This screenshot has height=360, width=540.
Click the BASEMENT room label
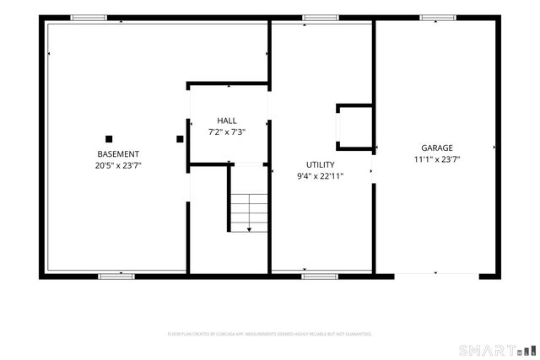118,153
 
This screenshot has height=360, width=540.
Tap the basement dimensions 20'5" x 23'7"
118,165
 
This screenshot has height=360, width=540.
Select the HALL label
227,121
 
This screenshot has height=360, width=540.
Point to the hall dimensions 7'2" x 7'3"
227,132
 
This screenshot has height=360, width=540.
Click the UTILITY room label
320,164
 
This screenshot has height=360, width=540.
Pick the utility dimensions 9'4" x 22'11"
320,176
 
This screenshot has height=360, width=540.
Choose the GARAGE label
437,148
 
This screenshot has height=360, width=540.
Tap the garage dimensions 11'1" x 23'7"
437,159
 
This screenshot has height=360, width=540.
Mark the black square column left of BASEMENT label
109,139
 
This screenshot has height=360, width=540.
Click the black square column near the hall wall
180,139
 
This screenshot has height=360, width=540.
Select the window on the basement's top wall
88,18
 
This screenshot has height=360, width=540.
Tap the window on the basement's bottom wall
116,275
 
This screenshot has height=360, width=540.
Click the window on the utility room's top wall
321,18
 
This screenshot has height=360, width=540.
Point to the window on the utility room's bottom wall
321,275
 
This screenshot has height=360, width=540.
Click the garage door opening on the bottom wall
436,274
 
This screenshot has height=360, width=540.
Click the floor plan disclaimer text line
270,334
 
